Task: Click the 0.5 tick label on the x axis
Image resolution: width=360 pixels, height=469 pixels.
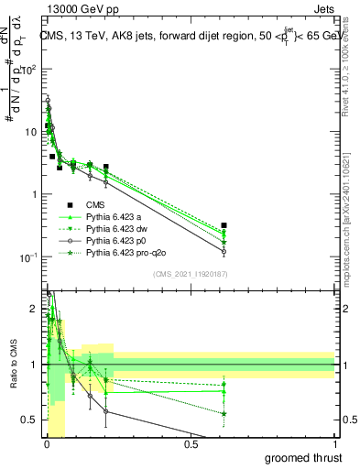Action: point(191,443)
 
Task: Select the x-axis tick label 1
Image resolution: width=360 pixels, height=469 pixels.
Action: point(334,443)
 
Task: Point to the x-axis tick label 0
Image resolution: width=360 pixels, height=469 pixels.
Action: point(47,443)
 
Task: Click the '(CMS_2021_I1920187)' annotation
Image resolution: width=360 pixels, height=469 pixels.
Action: point(191,274)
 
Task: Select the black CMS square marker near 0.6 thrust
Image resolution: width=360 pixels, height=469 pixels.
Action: point(224,225)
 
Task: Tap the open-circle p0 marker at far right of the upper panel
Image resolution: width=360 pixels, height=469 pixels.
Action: point(224,251)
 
